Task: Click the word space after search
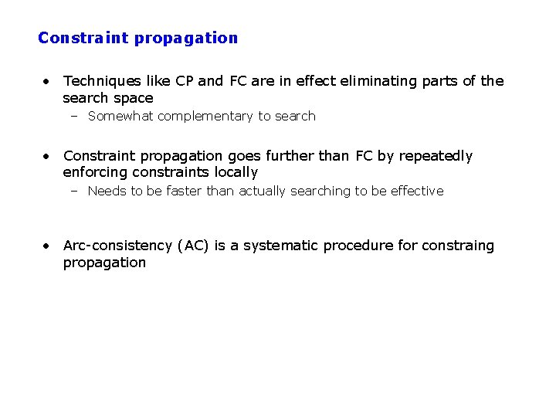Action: [x=133, y=98]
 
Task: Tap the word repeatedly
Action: [x=436, y=156]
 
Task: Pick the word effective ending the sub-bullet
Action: [x=417, y=191]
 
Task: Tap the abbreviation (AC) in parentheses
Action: [x=193, y=246]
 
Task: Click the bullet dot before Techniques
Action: [x=47, y=81]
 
